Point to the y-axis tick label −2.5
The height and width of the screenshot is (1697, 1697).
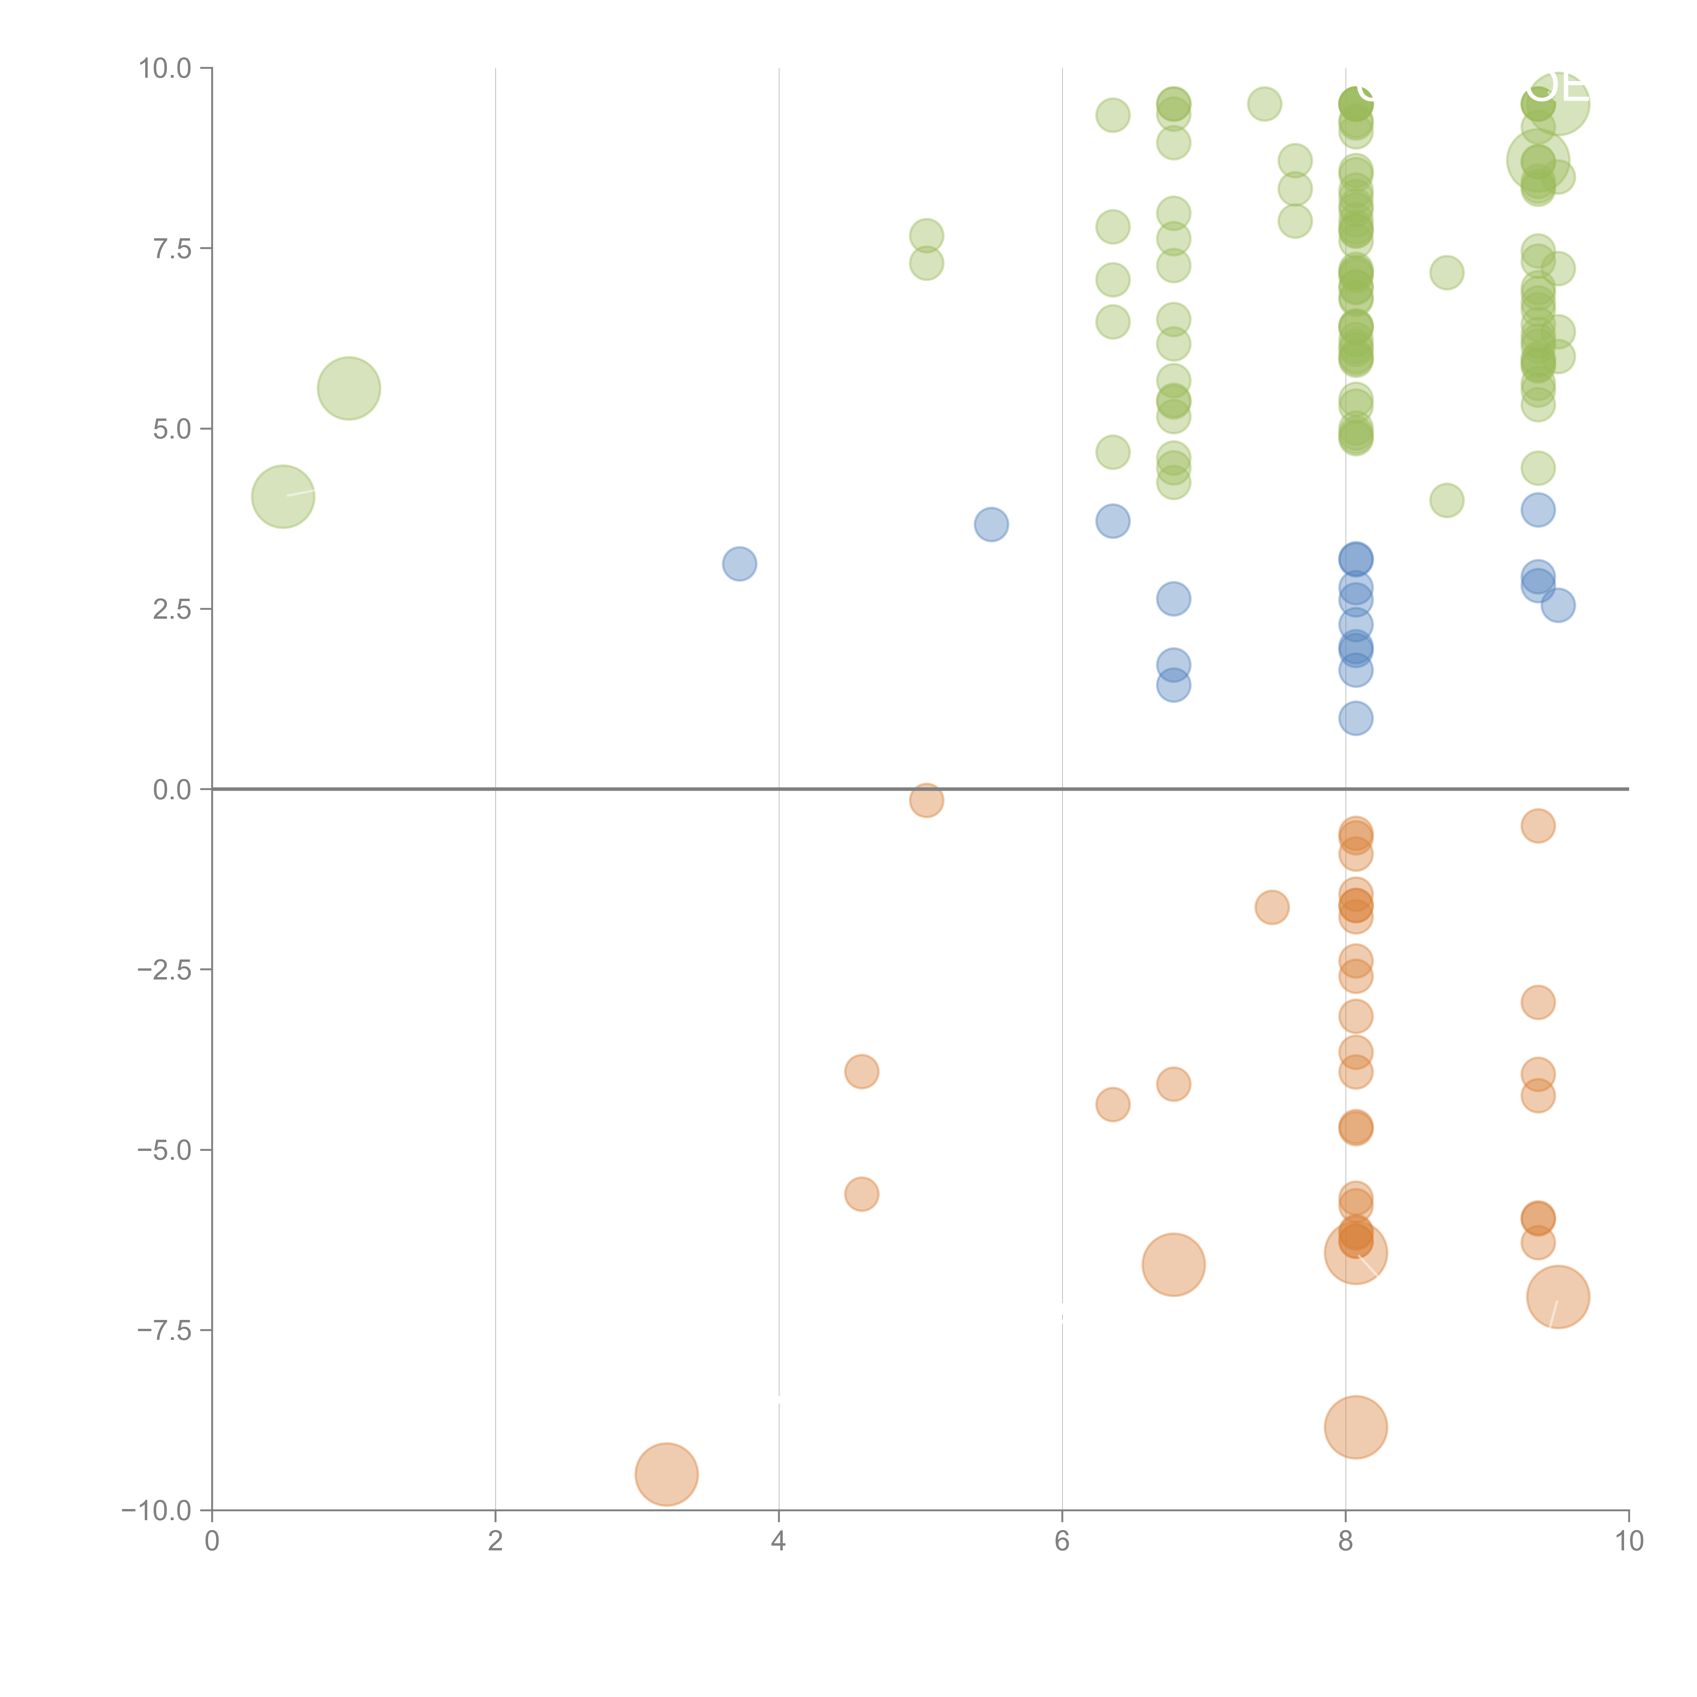[164, 970]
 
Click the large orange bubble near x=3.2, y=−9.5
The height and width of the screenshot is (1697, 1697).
[667, 1474]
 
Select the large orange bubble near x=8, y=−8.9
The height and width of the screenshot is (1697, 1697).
[1355, 1427]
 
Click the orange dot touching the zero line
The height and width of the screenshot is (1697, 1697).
[926, 800]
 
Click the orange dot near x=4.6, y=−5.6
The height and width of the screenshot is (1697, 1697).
[862, 1194]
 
